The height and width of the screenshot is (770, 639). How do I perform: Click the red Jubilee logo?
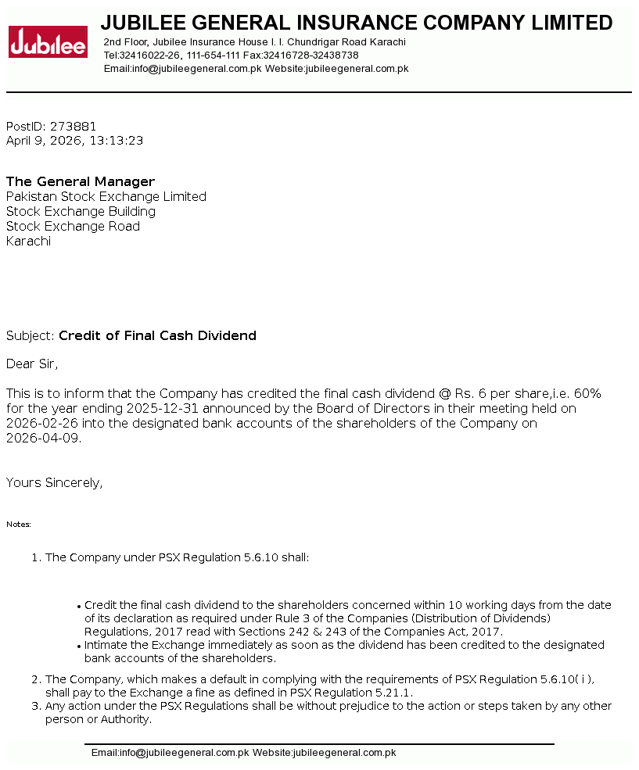tap(48, 42)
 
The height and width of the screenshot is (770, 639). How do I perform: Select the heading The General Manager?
tap(81, 182)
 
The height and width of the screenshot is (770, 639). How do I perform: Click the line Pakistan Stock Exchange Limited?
tap(106, 197)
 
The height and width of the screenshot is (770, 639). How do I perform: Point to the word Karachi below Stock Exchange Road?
tap(28, 242)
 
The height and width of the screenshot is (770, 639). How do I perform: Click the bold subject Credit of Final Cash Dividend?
tap(157, 336)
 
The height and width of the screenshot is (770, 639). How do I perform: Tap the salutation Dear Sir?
tap(32, 364)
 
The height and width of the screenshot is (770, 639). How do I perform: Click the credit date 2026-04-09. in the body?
tap(44, 439)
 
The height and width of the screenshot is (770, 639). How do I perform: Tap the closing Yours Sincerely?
tap(54, 483)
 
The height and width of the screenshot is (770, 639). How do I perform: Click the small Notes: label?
tap(19, 525)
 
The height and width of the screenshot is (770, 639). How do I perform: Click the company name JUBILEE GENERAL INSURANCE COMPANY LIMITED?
tap(357, 23)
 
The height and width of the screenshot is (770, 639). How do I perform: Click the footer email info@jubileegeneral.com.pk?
tap(184, 753)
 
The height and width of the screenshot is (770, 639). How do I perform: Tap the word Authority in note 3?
tap(125, 719)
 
